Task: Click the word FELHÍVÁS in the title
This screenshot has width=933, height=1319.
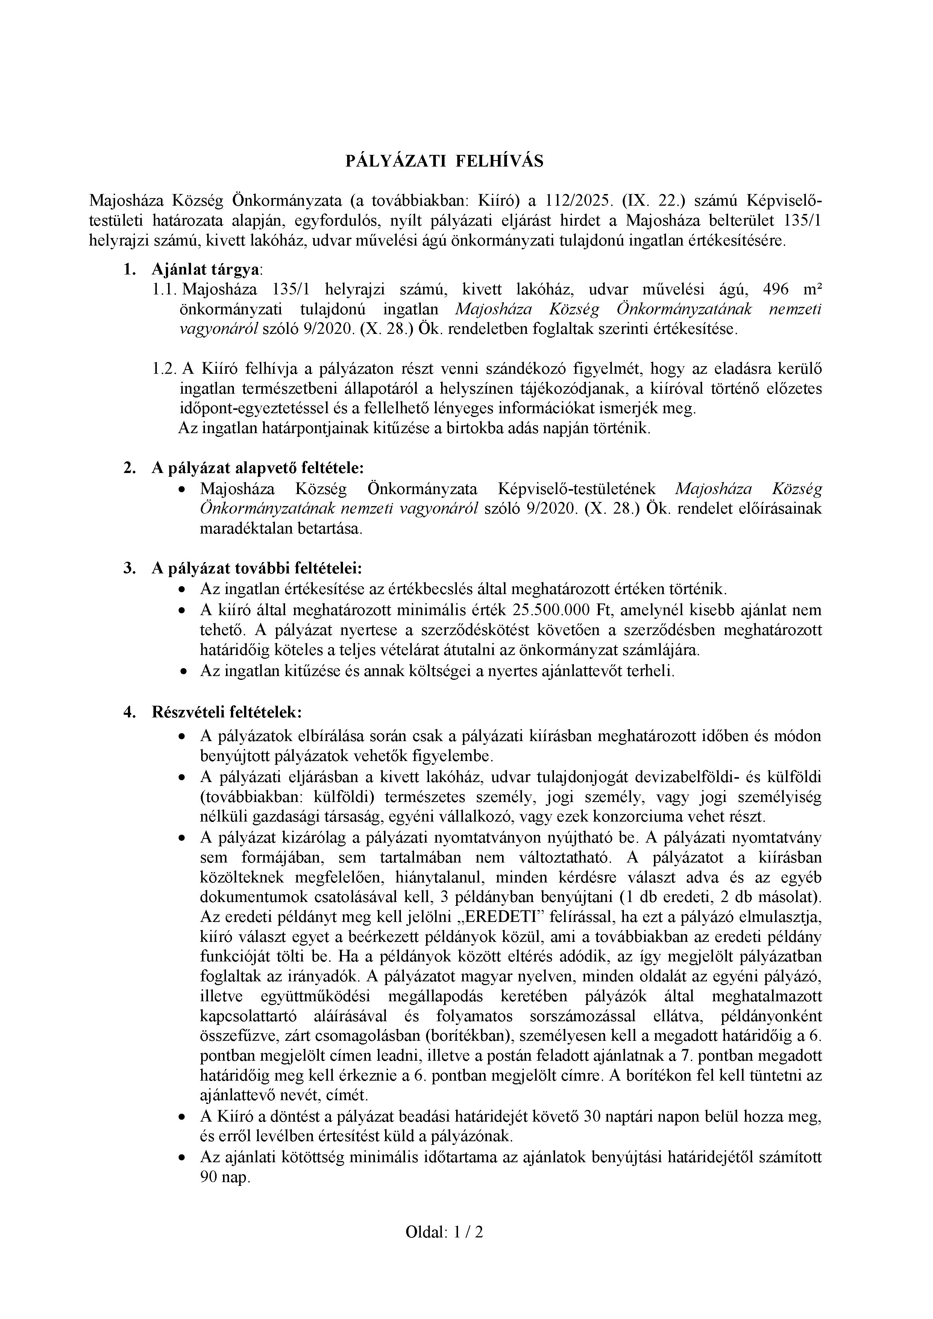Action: point(499,161)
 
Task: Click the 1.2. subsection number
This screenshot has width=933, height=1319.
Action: point(164,369)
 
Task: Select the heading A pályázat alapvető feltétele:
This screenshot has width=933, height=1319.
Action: point(257,468)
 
